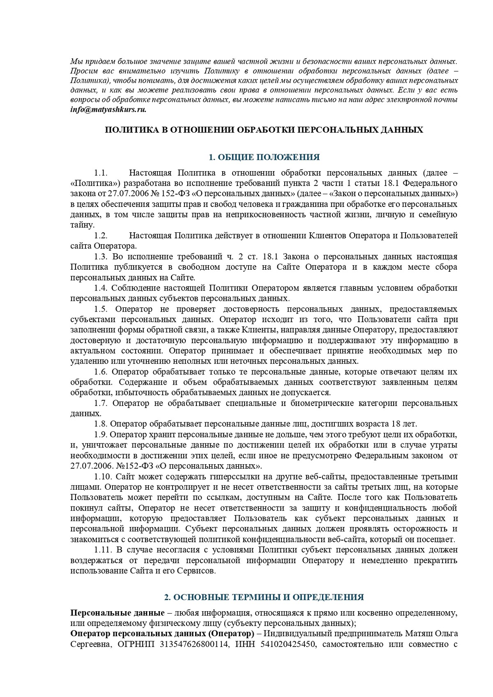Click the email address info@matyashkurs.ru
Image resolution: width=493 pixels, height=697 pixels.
(x=108, y=110)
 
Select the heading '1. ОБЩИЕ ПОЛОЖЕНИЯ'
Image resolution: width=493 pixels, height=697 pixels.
(x=264, y=157)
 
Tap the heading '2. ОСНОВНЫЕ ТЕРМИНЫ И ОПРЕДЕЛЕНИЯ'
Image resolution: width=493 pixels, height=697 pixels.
(x=264, y=597)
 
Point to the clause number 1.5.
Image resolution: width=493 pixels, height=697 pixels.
(x=101, y=309)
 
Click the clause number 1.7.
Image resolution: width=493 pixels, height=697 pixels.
(x=101, y=403)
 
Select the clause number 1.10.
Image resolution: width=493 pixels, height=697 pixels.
(x=103, y=477)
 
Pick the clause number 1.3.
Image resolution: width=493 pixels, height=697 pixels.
(x=101, y=257)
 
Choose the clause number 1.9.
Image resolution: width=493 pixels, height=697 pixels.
(x=101, y=434)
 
